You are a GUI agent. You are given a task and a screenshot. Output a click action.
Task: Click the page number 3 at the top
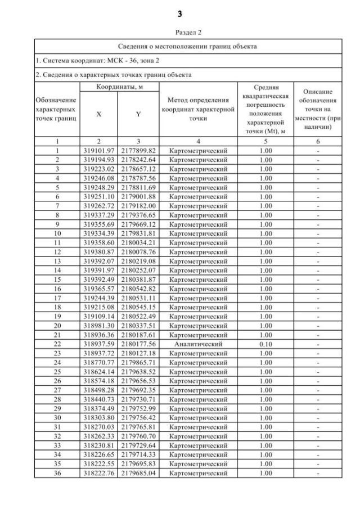pyautogui.click(x=180, y=12)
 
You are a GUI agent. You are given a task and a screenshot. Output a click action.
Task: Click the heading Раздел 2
pyautogui.click(x=180, y=33)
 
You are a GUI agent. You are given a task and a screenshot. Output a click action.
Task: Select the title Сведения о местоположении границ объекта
pyautogui.click(x=180, y=46)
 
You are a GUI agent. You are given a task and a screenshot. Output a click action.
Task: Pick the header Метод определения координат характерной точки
pyautogui.click(x=198, y=110)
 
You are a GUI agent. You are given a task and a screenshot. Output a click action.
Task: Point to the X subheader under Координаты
pyautogui.click(x=99, y=114)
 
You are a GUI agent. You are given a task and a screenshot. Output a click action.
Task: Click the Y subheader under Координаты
pyautogui.click(x=138, y=114)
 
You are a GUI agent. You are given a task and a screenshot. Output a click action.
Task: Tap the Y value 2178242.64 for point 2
pyautogui.click(x=138, y=159)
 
